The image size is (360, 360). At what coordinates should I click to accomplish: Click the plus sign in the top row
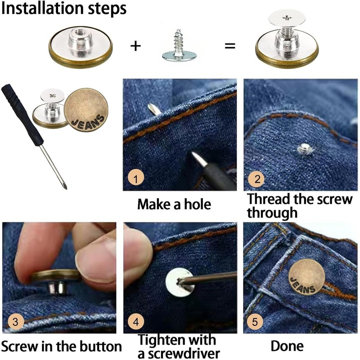[x=135, y=46]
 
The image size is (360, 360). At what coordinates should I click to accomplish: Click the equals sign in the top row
[x=230, y=46]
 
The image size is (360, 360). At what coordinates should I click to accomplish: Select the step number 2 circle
[x=257, y=179]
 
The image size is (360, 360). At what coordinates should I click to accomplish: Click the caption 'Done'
[x=287, y=346]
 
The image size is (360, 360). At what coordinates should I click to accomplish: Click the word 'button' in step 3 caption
[x=99, y=346]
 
